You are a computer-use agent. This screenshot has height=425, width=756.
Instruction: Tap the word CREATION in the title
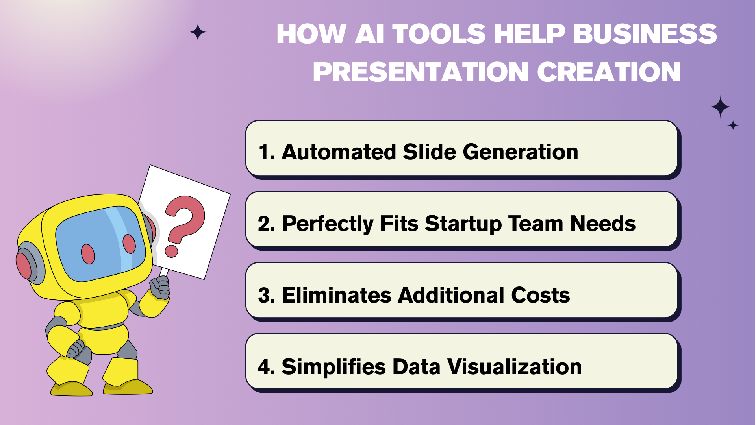tap(609, 72)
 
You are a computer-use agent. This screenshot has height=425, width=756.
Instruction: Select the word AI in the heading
tap(369, 34)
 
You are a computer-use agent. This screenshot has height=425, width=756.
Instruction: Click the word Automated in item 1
tap(339, 152)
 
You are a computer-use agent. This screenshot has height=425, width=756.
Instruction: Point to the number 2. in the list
tap(267, 224)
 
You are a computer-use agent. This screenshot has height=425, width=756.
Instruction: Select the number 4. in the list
tap(267, 367)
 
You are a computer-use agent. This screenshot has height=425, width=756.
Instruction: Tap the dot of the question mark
tap(171, 251)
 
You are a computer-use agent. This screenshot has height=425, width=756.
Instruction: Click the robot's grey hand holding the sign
tap(160, 287)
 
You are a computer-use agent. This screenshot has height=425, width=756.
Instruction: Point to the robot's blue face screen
tap(101, 244)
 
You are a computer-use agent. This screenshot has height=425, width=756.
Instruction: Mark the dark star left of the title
tap(198, 32)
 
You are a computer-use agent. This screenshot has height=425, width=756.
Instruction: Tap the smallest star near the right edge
tap(733, 126)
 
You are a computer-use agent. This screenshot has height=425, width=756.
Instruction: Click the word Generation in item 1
tap(520, 152)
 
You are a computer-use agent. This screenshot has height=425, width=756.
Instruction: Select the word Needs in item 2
tap(603, 224)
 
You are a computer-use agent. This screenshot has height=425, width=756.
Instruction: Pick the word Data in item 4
tap(416, 367)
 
